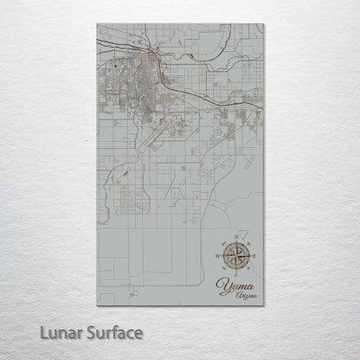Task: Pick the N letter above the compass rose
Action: pyautogui.click(x=236, y=236)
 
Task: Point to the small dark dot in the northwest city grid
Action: pyautogui.click(x=113, y=64)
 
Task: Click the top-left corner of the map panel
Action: pyautogui.click(x=98, y=24)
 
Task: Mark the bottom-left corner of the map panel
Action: pyautogui.click(x=98, y=305)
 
